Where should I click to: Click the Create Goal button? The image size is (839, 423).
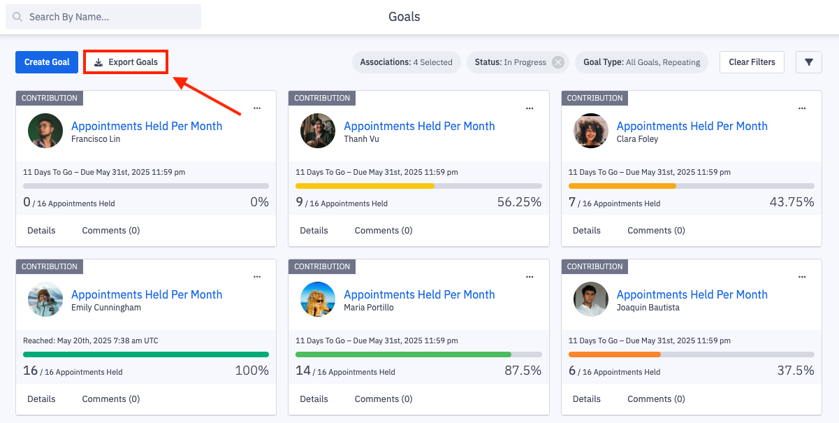pos(47,62)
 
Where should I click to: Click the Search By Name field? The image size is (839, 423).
pos(103,17)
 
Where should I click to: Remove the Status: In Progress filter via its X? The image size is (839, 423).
pos(558,62)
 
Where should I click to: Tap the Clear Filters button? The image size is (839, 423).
pos(752,62)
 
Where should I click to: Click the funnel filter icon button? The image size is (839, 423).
pos(809,62)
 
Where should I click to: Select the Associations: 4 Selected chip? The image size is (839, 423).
pos(406,62)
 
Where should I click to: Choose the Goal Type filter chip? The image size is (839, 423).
pos(641,62)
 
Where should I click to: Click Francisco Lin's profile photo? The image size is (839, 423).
pos(45,131)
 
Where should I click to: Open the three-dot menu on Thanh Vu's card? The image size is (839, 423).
pos(530,108)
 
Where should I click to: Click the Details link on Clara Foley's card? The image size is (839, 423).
pos(587,230)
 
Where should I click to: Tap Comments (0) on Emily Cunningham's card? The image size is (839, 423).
pos(110,399)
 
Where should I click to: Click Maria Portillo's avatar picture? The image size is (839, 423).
pos(318,299)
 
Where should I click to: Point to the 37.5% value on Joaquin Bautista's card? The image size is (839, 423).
pos(796,371)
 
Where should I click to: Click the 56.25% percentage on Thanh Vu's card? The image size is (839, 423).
pos(519,202)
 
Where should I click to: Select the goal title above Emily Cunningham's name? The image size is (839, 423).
pos(147,294)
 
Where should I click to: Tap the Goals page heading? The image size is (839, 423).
pos(404,17)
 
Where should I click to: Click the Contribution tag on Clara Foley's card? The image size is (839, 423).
pos(594,98)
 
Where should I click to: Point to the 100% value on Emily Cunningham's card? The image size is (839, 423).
pos(251,371)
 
